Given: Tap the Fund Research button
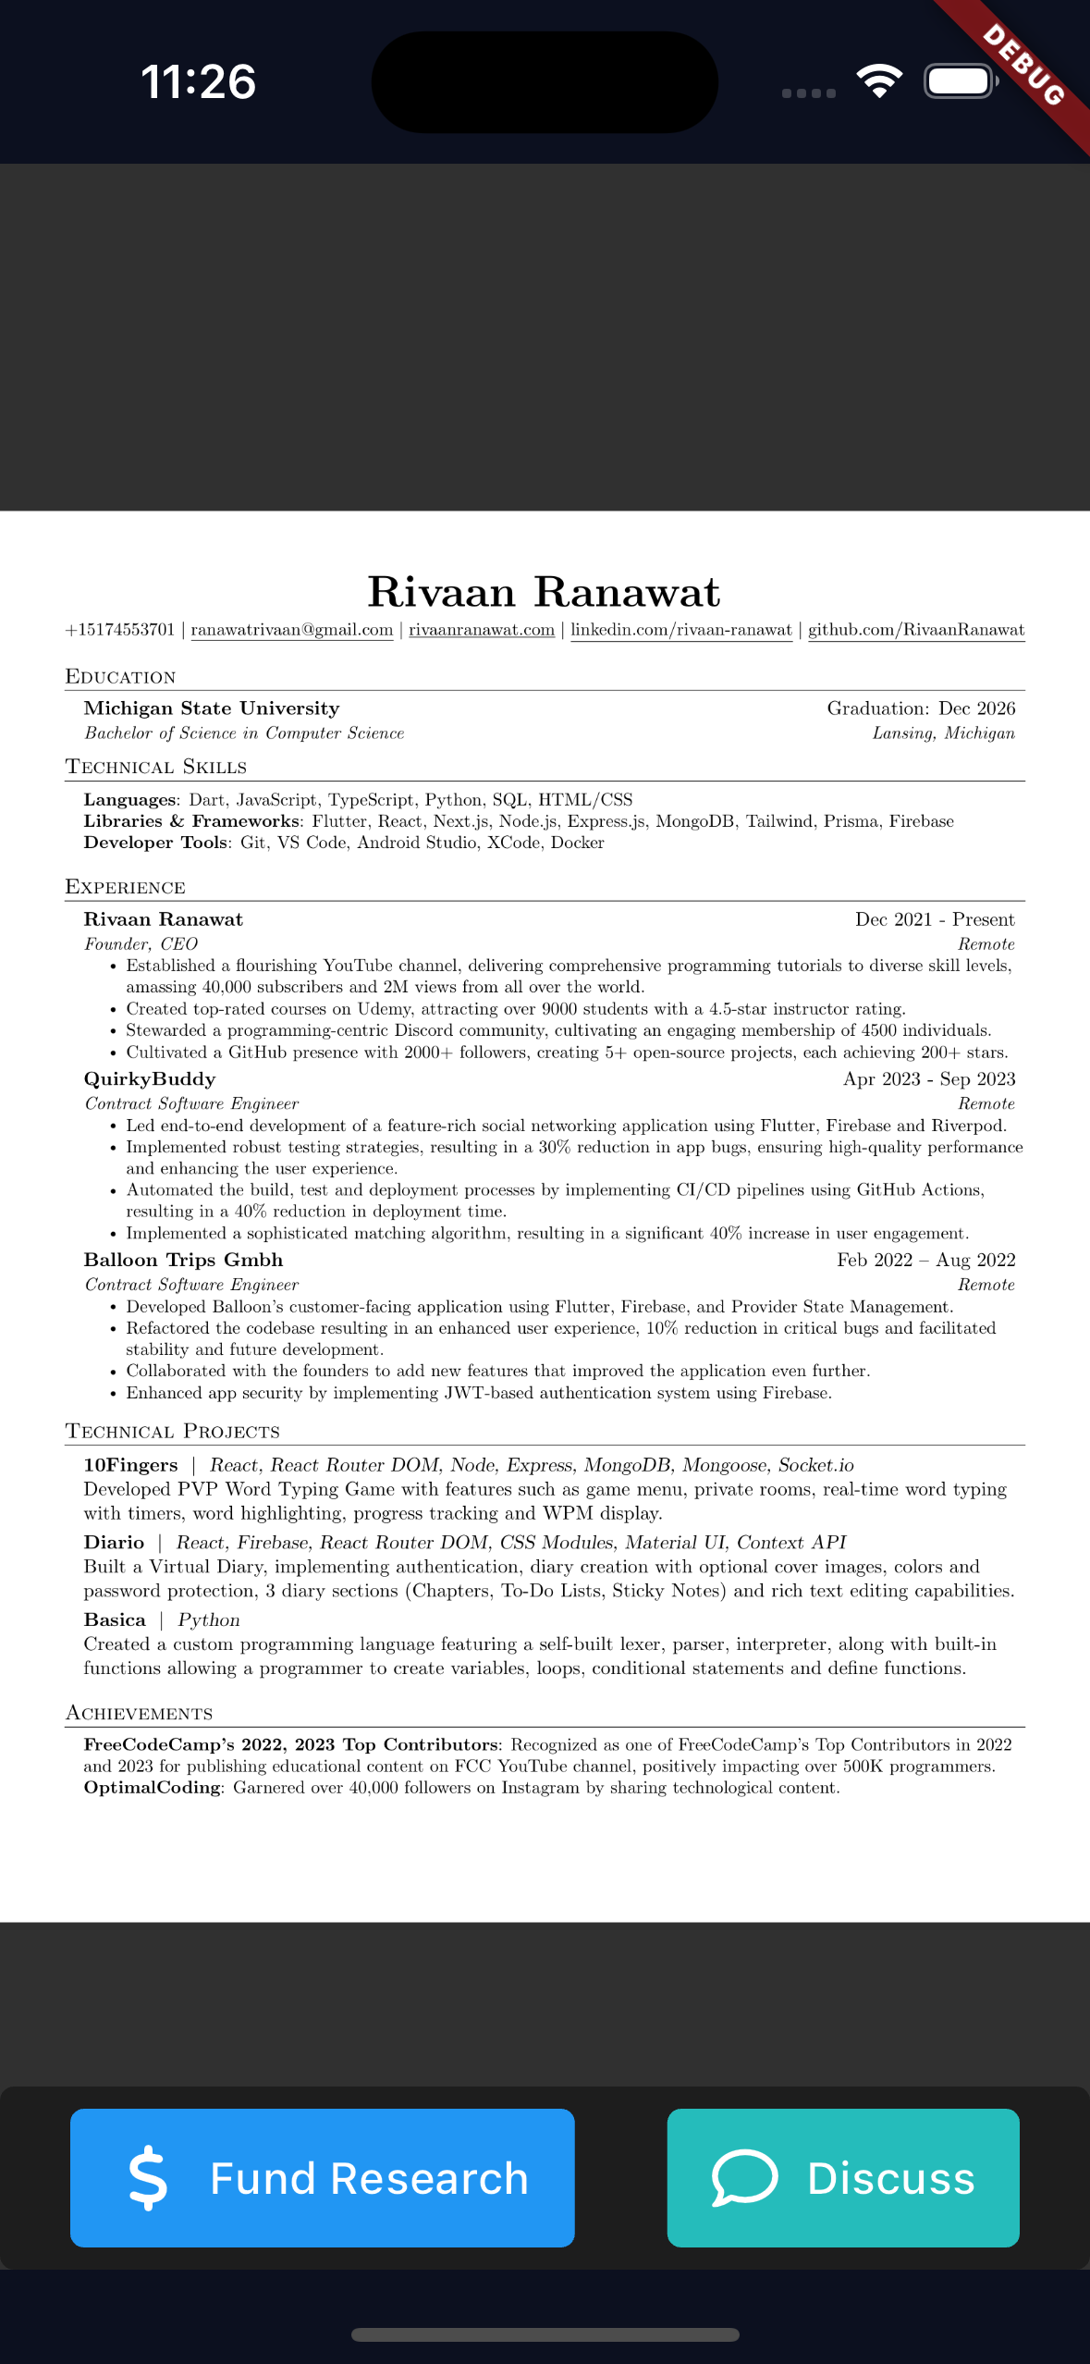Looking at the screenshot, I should point(322,2177).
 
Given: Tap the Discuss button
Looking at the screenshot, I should point(842,2177).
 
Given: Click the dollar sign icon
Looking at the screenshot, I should point(148,2178).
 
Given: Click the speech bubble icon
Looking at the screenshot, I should point(744,2177).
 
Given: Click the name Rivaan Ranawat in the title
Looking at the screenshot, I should point(544,592).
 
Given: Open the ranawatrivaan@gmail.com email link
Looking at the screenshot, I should point(291,630).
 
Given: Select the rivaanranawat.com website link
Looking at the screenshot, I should point(482,630).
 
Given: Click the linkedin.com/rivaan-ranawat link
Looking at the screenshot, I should point(680,630).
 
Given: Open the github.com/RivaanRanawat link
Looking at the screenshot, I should point(915,630).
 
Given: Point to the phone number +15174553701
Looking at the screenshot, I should point(120,630).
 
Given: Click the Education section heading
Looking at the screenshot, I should point(120,677).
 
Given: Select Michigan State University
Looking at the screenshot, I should point(212,708).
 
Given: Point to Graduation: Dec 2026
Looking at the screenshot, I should point(921,708).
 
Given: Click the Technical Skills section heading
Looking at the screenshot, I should point(156,767).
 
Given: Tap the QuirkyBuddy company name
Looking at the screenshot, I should point(150,1079).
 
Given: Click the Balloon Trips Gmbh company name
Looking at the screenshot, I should point(183,1260).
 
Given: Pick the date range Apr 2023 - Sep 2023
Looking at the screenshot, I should point(928,1079).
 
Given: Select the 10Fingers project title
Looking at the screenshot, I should point(130,1465).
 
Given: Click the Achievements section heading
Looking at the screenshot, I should point(139,1713).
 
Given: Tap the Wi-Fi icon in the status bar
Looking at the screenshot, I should point(879,81).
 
